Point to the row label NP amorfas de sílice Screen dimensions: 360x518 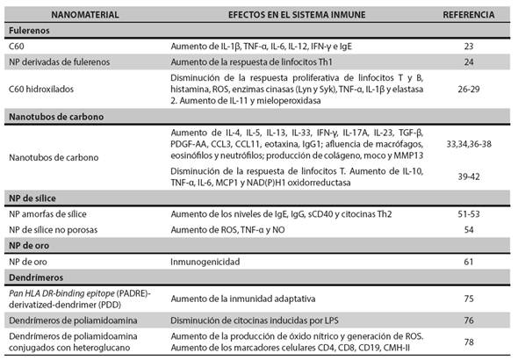pos(48,214)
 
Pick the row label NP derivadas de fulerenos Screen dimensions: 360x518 pos(61,62)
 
